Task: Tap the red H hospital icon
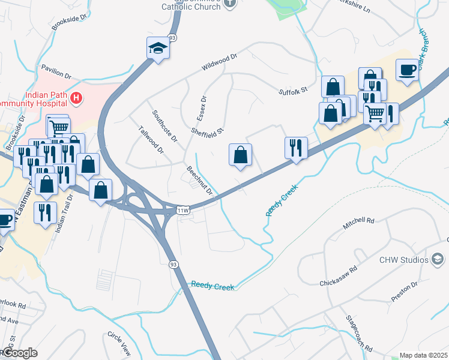coord(76,97)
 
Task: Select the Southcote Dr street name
coord(164,125)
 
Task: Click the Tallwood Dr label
coord(151,140)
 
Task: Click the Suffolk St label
coord(293,91)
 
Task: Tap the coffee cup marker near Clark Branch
coord(406,70)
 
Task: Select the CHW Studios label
coord(404,260)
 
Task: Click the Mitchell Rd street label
coord(358,224)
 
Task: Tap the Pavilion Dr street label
coord(55,72)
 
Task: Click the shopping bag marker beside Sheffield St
coord(240,155)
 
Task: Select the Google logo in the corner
coord(20,353)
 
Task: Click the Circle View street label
coord(119,341)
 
